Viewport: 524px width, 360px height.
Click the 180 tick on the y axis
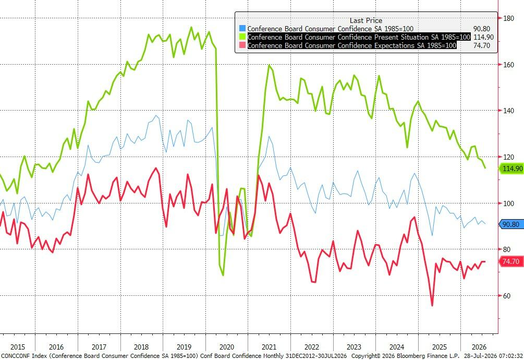pos(508,18)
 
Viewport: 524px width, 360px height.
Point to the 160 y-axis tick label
pos(508,65)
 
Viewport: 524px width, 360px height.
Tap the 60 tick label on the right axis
pos(507,296)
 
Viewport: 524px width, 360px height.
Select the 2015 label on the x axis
pos(18,347)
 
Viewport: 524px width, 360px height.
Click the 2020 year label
pos(227,347)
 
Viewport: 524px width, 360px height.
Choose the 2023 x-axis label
pos(354,347)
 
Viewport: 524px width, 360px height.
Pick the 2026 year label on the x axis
pos(479,347)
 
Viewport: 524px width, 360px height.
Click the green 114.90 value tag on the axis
pos(511,169)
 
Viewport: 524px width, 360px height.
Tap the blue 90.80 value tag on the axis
pos(511,224)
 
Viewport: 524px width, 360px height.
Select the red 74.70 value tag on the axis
pos(511,261)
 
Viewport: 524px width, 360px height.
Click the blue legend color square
pos(242,28)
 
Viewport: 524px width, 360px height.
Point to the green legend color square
pos(242,37)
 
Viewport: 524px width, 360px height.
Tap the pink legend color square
pos(242,45)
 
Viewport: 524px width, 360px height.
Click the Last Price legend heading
pos(366,20)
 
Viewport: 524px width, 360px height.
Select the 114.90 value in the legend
pos(483,37)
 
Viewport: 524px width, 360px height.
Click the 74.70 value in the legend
pos(482,45)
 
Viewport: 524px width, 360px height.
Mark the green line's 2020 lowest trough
pos(223,275)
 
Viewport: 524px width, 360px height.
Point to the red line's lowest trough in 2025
pos(432,305)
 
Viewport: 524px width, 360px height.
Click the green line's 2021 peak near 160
pos(269,65)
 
